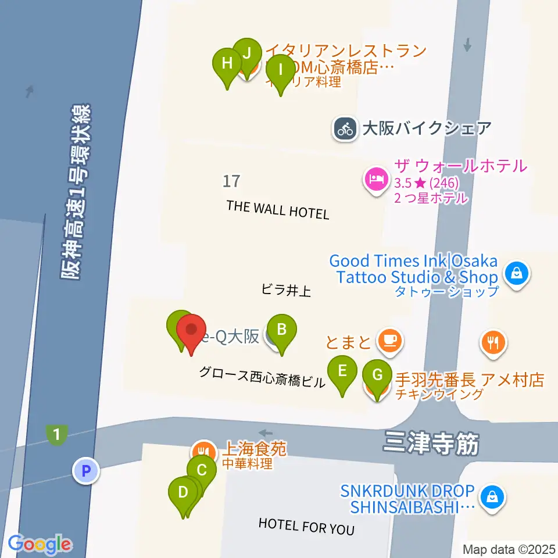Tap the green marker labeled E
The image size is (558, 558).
pos(342,371)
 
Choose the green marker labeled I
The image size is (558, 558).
pos(280,70)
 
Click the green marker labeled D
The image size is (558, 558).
pos(183,493)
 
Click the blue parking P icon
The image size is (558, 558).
pos(87,470)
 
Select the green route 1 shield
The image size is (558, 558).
pos(56,434)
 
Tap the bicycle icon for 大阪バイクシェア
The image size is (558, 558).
pos(346,128)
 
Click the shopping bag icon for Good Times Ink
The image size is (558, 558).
pos(516,272)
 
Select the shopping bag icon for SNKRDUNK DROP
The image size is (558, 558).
pos(492,497)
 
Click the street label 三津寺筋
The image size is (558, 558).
pos(431,444)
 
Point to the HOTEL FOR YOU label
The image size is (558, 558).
pos(306,527)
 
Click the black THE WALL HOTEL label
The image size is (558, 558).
pos(278,209)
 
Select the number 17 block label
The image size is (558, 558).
pos(231,181)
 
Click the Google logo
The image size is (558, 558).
pos(40,544)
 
